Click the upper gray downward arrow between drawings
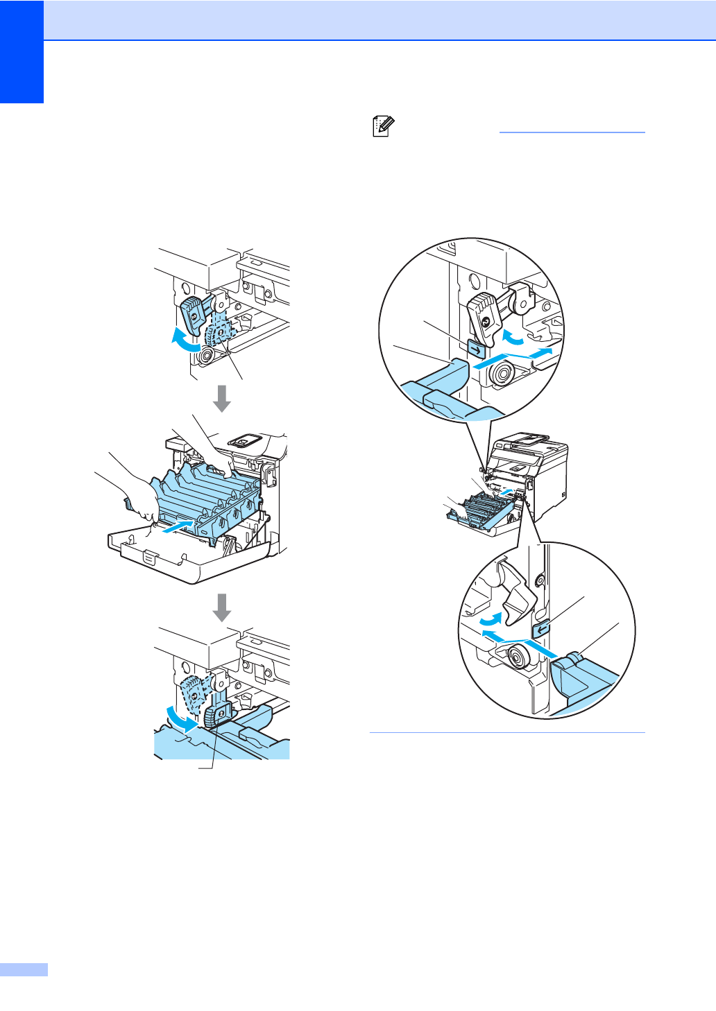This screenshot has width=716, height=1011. (222, 398)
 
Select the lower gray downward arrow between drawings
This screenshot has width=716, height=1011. (222, 608)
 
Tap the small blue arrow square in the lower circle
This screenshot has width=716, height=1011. (542, 629)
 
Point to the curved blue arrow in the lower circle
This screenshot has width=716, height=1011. (490, 616)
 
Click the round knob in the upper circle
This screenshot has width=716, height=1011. (500, 375)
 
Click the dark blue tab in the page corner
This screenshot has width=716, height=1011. (22, 51)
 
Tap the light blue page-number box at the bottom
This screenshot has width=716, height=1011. (24, 969)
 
